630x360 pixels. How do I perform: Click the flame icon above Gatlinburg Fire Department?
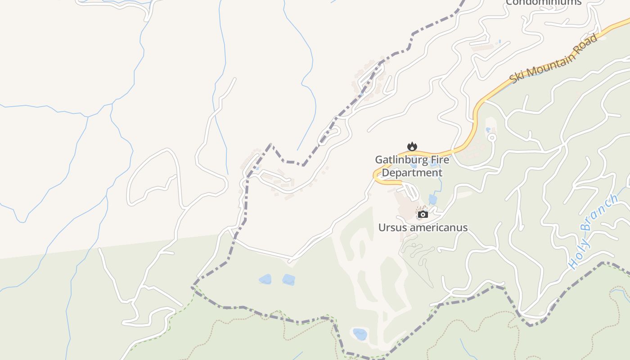(412, 146)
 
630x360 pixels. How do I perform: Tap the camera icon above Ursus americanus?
(423, 214)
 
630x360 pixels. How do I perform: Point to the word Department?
(412, 173)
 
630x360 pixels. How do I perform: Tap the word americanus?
(437, 228)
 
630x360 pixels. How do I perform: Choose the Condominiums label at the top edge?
(544, 2)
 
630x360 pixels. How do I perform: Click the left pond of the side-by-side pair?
(265, 279)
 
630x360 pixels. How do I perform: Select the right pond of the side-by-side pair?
(288, 280)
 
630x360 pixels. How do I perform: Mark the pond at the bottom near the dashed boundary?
(360, 334)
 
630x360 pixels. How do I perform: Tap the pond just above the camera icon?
(432, 199)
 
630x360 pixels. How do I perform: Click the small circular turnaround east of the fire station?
(492, 137)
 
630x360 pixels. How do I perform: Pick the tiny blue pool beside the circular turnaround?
(488, 130)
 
